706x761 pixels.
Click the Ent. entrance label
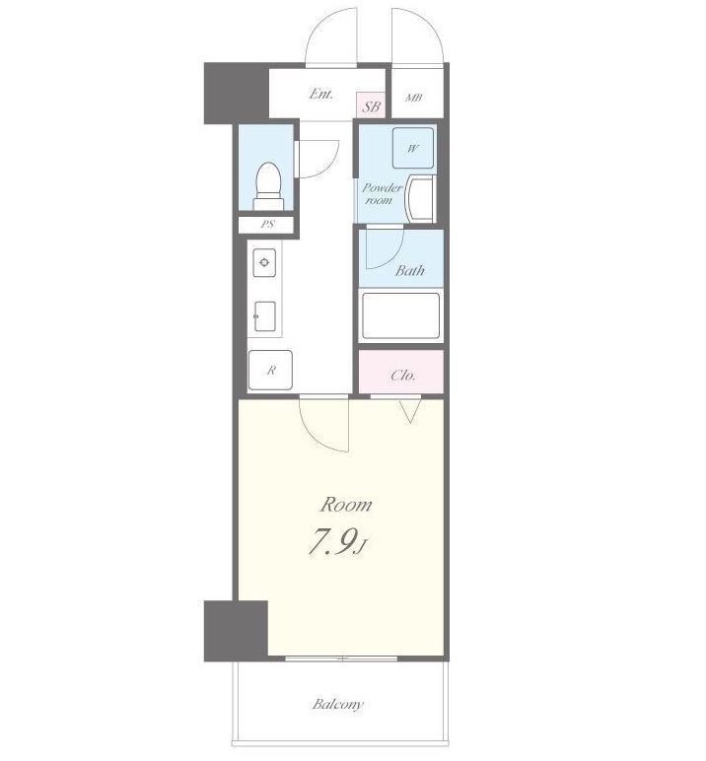321,94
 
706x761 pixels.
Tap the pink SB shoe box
371,105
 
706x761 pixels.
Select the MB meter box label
413,98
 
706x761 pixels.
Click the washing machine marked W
413,148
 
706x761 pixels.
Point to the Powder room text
383,193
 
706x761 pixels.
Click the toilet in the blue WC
268,186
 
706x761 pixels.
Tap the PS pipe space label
267,224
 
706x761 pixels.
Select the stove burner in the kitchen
264,262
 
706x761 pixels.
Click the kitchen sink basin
265,316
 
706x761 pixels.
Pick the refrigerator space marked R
270,371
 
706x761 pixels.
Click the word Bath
410,270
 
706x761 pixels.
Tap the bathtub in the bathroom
401,316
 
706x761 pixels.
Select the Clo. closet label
403,376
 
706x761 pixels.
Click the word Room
346,505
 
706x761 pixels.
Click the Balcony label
338,704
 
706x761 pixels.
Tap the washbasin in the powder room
420,199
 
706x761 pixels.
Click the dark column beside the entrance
237,94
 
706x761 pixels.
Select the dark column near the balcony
236,631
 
